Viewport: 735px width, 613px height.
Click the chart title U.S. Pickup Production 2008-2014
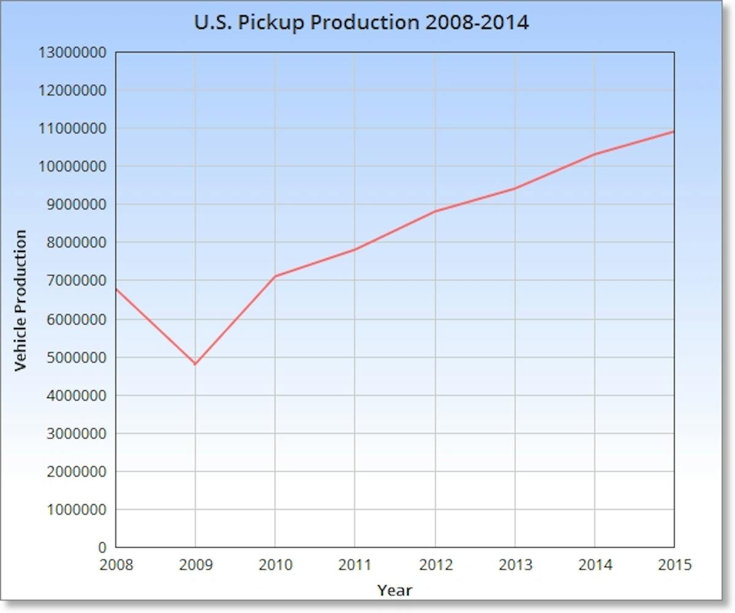[x=361, y=23]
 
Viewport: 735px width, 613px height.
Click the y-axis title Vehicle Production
[x=21, y=300]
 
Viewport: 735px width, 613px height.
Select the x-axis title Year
[x=394, y=591]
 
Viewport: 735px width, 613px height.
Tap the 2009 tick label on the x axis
[x=195, y=565]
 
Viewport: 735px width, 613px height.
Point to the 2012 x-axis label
[x=435, y=565]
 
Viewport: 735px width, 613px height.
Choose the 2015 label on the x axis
[x=674, y=565]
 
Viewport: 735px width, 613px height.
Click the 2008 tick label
[x=116, y=565]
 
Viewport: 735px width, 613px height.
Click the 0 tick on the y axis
[x=102, y=547]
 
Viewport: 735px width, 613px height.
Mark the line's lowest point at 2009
[x=195, y=364]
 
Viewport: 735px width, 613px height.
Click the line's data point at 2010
[x=275, y=276]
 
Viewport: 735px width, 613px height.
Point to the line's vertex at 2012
[x=435, y=211]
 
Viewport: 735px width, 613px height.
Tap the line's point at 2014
[x=595, y=154]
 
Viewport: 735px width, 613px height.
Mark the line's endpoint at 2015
[x=674, y=131]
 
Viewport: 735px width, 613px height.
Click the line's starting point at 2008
[x=116, y=289]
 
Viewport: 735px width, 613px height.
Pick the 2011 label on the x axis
[x=355, y=565]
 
